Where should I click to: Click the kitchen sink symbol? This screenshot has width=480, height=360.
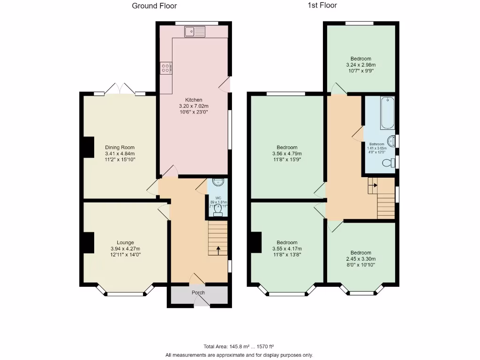point(195,32)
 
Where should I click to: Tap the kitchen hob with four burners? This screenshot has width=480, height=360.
point(166,68)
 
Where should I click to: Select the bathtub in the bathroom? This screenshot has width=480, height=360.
point(387,113)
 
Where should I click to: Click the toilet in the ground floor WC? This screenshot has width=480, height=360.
point(217,212)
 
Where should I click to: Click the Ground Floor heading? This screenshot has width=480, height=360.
point(154,6)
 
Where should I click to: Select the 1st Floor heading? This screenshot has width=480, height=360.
point(322,6)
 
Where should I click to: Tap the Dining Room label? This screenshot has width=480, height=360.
point(120,147)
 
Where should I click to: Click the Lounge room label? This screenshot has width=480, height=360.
point(125,242)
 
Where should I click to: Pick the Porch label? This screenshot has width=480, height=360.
point(198,293)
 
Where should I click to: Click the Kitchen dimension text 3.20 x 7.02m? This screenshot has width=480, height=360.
point(194,106)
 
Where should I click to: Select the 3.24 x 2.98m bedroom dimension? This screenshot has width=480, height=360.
point(360,65)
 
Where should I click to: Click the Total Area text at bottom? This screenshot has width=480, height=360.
point(239,347)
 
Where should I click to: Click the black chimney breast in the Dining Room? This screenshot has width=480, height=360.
point(88,147)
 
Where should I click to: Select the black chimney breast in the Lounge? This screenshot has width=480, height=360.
point(88,243)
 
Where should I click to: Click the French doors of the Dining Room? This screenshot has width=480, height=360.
point(120,89)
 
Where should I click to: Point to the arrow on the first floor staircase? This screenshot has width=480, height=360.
point(373,185)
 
